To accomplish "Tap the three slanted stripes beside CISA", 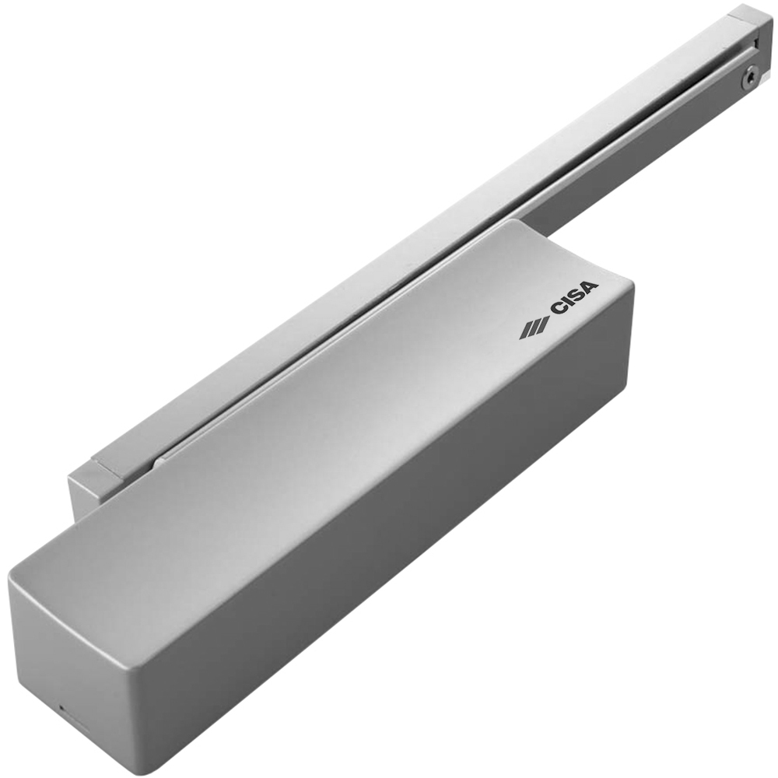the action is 534,328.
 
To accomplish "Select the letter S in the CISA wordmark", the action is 576,296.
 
